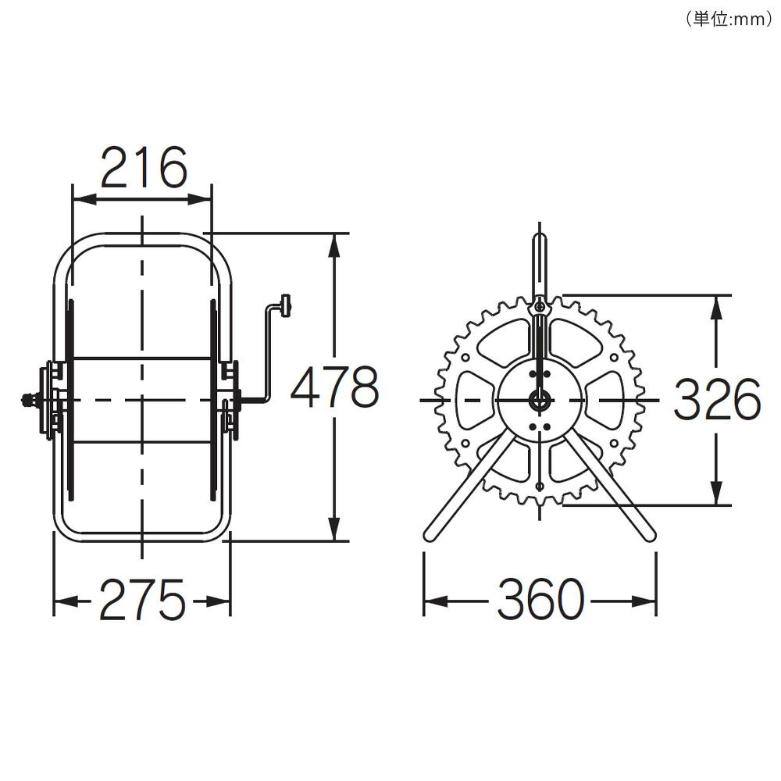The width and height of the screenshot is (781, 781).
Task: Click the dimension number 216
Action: [144, 168]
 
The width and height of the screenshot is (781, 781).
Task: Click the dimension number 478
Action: [334, 387]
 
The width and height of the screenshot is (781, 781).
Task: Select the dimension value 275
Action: [142, 600]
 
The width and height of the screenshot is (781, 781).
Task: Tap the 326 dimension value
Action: [717, 398]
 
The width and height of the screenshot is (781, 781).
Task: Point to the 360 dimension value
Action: [540, 599]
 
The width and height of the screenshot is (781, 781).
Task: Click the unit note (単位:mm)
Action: [729, 19]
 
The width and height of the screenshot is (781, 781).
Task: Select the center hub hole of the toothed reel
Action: [540, 399]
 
